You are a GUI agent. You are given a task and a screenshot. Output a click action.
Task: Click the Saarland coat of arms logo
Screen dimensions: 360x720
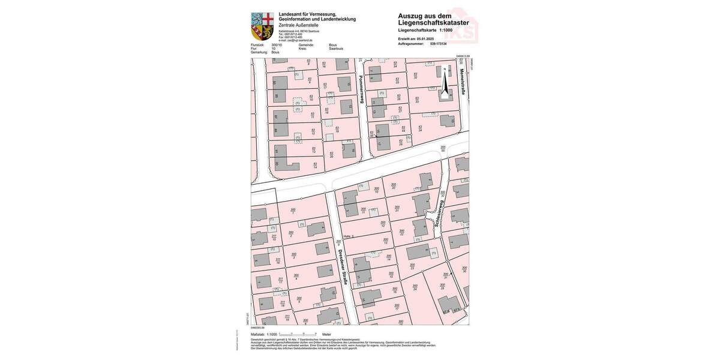262,25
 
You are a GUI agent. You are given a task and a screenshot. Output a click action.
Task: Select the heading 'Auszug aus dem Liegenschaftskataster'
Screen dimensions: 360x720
433,19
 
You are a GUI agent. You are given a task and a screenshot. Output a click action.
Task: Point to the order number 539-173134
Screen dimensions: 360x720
439,44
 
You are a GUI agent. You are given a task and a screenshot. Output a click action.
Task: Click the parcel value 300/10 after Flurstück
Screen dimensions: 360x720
276,45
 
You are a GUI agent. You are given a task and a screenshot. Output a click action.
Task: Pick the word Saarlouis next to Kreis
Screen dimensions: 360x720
337,49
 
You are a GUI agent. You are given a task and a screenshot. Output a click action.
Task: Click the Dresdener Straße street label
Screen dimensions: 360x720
344,265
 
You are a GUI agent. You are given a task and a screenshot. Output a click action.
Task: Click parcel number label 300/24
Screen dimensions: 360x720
415,287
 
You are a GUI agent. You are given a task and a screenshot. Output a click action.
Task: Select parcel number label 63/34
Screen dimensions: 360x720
421,128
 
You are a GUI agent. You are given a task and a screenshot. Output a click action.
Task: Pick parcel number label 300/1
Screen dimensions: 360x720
293,211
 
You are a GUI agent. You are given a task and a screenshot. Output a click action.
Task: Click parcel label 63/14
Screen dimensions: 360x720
315,164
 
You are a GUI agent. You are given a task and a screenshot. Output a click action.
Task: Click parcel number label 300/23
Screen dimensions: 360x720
412,265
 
